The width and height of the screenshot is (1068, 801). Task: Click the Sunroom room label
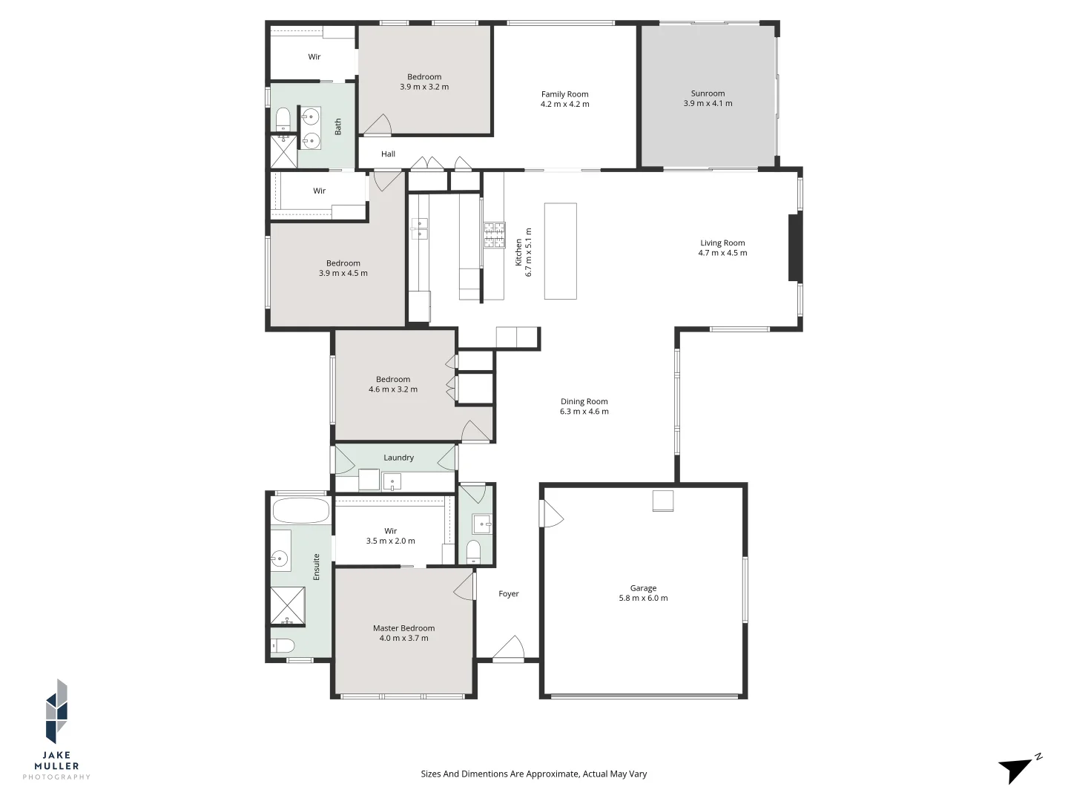click(x=708, y=93)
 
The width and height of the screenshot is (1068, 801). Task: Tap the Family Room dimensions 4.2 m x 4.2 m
click(x=564, y=105)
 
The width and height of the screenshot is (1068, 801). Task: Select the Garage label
click(x=643, y=588)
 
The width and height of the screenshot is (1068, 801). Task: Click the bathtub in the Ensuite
click(x=300, y=511)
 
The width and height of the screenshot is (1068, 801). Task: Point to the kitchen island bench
click(x=560, y=251)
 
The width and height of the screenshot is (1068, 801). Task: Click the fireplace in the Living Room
click(x=794, y=248)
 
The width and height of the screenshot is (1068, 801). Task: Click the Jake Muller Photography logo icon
click(x=57, y=711)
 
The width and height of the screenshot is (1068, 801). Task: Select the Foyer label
click(x=509, y=593)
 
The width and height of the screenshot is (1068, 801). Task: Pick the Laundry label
click(x=398, y=458)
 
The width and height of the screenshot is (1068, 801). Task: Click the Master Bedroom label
click(x=403, y=628)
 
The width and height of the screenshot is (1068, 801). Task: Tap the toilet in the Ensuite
click(x=283, y=645)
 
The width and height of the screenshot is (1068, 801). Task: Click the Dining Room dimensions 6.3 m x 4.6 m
click(x=584, y=412)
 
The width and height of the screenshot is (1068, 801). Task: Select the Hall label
click(x=388, y=154)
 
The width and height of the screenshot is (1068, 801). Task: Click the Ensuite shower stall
click(x=287, y=606)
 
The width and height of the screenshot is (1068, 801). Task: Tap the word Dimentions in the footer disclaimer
click(x=484, y=774)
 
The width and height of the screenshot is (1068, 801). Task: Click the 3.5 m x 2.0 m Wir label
click(x=390, y=541)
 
